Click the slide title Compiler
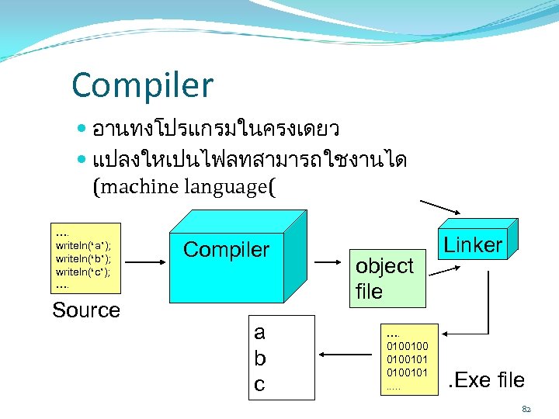(x=142, y=85)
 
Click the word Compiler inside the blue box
(x=226, y=250)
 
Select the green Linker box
(x=473, y=245)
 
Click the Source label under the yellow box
(x=85, y=310)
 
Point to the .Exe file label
(x=487, y=380)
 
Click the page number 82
(x=528, y=408)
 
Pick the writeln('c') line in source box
(x=83, y=272)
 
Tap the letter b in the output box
(x=260, y=358)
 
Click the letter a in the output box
(x=260, y=333)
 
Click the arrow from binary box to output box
(x=345, y=355)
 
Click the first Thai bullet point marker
(x=83, y=127)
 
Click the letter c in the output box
(x=260, y=383)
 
